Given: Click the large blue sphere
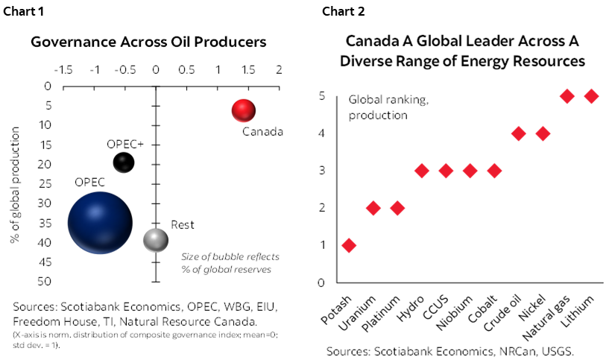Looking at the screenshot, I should point(100,222).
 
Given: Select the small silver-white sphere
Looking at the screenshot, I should point(155,240).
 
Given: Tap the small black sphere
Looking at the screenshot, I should point(123,162).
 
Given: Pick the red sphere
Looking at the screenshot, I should point(243,110).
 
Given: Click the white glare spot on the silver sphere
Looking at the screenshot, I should point(154,236).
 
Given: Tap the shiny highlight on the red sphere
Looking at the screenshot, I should point(240,106).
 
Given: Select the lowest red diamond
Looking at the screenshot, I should point(349,245).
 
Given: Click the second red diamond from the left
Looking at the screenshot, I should point(373,208).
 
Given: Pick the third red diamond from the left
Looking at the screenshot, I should point(397,208).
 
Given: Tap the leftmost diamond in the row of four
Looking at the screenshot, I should point(422,171).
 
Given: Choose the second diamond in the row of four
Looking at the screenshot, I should point(446,171).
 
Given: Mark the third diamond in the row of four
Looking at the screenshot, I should point(470,171).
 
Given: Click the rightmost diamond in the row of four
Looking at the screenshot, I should point(494,171).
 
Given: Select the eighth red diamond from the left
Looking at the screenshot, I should point(519,133).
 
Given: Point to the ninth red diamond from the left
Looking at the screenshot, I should point(543,133).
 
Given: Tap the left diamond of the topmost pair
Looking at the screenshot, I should point(567,96).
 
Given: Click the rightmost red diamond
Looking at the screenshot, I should point(591,96).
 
